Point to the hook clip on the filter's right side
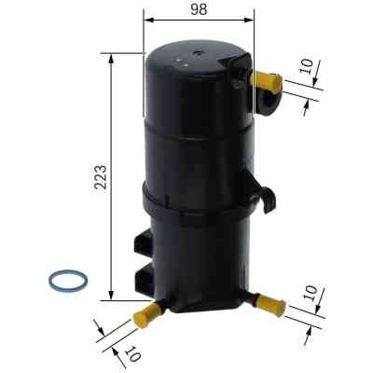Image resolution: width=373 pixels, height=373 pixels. coord(267,197)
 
